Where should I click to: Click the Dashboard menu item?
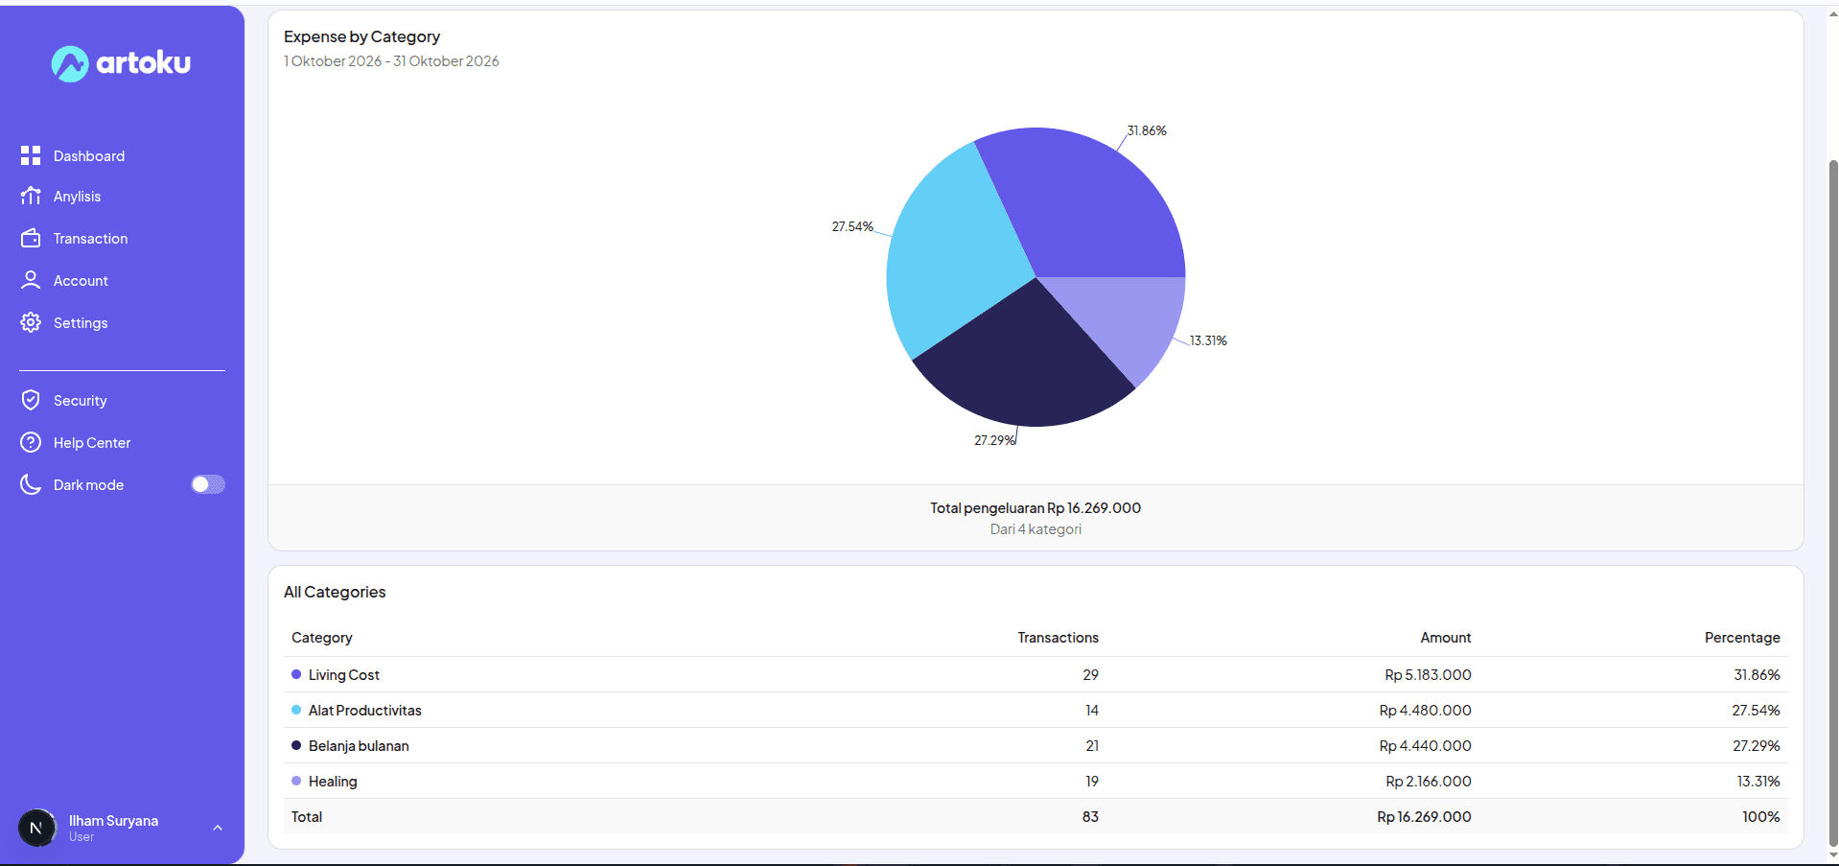pyautogui.click(x=72, y=155)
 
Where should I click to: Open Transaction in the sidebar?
pyautogui.click(x=74, y=238)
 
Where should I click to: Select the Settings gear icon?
pyautogui.click(x=31, y=322)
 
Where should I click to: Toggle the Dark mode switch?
pyautogui.click(x=208, y=484)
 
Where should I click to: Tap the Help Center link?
pyautogui.click(x=75, y=442)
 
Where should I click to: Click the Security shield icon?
pyautogui.click(x=31, y=400)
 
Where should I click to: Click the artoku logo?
pyautogui.click(x=121, y=63)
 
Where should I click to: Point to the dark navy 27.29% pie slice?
pyautogui.click(x=1022, y=364)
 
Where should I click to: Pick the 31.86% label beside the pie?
pyautogui.click(x=1147, y=130)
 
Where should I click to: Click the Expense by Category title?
pyautogui.click(x=361, y=36)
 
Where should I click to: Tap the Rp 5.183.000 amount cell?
pyautogui.click(x=1428, y=675)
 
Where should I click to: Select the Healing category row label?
pyautogui.click(x=333, y=782)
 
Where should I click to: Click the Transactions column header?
pyautogui.click(x=1058, y=638)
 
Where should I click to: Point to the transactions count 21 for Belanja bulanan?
pyautogui.click(x=1092, y=746)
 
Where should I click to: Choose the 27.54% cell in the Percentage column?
pyautogui.click(x=1756, y=711)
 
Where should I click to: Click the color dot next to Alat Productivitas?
pyautogui.click(x=296, y=710)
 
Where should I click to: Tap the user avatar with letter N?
pyautogui.click(x=37, y=828)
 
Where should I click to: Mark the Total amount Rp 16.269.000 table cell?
pyautogui.click(x=1424, y=817)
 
